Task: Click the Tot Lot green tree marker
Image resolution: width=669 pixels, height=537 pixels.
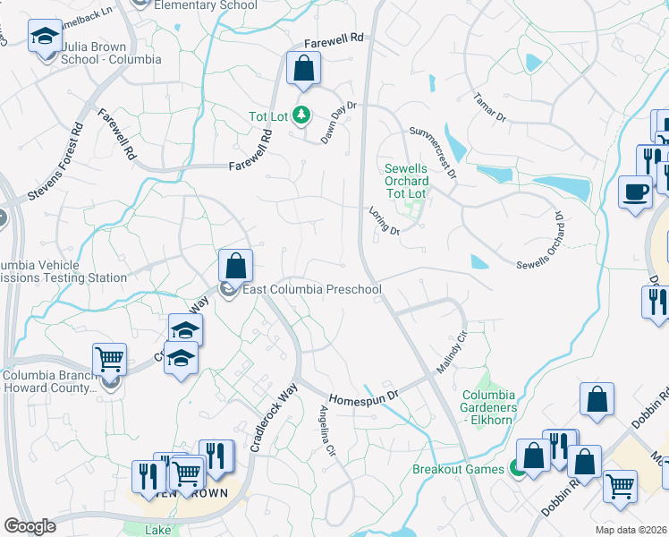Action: coord(302,115)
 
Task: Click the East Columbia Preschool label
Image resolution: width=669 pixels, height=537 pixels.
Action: coord(312,289)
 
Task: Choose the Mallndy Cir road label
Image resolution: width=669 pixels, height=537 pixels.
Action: coord(453,353)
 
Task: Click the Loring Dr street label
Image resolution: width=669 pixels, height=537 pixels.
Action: coord(385,220)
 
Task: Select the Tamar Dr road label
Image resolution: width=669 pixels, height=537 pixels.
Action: coord(490,106)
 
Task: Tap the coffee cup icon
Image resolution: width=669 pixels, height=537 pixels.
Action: coord(636,192)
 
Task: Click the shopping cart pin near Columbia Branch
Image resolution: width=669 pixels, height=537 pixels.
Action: coord(109,359)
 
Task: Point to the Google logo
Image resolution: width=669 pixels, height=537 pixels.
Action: coord(30,526)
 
